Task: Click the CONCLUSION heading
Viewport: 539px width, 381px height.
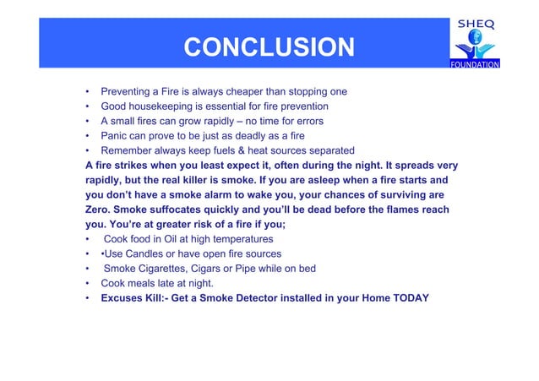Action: tap(269, 47)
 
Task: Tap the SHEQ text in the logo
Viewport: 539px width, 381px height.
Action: tap(476, 24)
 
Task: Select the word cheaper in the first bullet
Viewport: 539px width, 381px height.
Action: tap(252, 91)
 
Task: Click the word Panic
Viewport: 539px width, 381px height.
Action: tap(116, 136)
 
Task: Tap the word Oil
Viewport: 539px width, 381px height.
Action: tap(175, 239)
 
